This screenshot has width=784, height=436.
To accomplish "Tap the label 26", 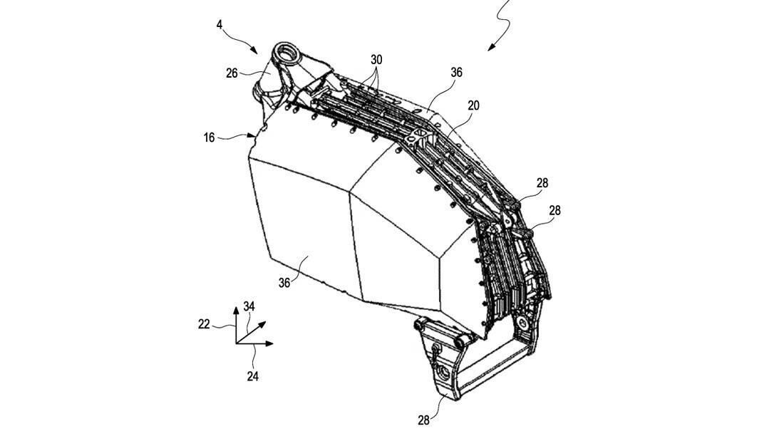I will click(232, 73).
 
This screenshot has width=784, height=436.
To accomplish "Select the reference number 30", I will click(376, 60).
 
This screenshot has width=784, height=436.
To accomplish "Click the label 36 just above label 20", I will click(457, 72).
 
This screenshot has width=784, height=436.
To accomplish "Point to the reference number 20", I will click(473, 105).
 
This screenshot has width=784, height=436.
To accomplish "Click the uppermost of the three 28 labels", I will click(542, 183).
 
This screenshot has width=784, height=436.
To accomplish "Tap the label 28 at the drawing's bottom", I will click(423, 420).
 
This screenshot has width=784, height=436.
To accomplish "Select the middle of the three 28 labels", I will click(555, 210).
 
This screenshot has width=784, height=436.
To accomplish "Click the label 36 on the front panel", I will click(284, 283).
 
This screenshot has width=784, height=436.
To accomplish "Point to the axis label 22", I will click(204, 324).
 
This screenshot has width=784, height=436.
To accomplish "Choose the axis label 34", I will click(249, 306).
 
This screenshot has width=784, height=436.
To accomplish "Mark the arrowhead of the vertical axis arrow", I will click(237, 312).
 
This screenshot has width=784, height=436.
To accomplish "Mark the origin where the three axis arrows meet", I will click(237, 343).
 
